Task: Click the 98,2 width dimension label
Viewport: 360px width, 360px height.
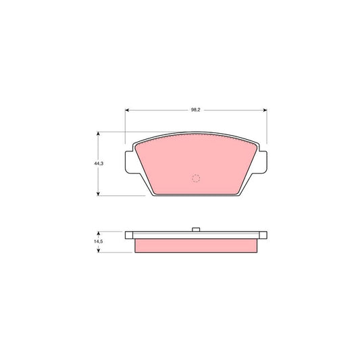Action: [196, 110]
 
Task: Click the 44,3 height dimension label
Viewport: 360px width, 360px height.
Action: [99, 163]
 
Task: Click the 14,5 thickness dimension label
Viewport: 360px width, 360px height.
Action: [99, 242]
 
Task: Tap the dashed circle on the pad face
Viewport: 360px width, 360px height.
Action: [196, 178]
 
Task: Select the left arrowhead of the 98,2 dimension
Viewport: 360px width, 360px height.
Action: [127, 110]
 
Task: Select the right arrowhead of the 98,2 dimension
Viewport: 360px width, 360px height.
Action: [265, 110]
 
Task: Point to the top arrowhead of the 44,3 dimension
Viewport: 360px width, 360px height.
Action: [98, 134]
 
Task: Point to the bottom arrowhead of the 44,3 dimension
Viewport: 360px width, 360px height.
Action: [98, 194]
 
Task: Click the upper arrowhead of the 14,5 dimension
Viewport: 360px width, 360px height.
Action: [99, 233]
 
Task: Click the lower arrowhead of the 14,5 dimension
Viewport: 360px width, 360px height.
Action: [99, 251]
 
